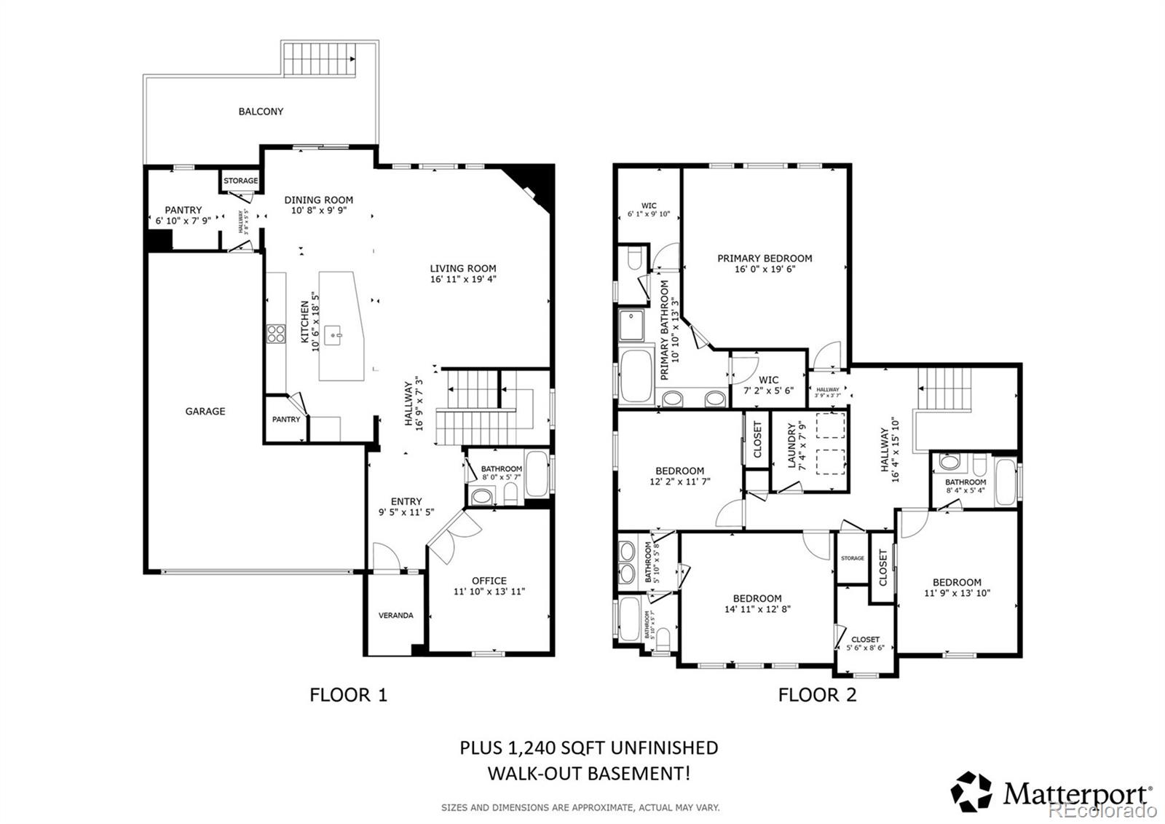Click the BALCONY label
click(261, 111)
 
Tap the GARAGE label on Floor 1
click(205, 411)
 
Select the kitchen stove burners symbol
click(276, 334)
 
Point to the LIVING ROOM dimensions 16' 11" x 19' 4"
click(462, 279)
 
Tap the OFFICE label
click(489, 581)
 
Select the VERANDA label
click(395, 615)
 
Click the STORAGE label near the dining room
click(240, 181)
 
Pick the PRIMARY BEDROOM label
click(765, 258)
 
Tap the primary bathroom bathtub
click(637, 374)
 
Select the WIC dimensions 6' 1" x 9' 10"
click(648, 215)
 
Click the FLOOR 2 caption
click(817, 694)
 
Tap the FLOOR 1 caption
click(348, 694)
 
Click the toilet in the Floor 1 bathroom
click(510, 496)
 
